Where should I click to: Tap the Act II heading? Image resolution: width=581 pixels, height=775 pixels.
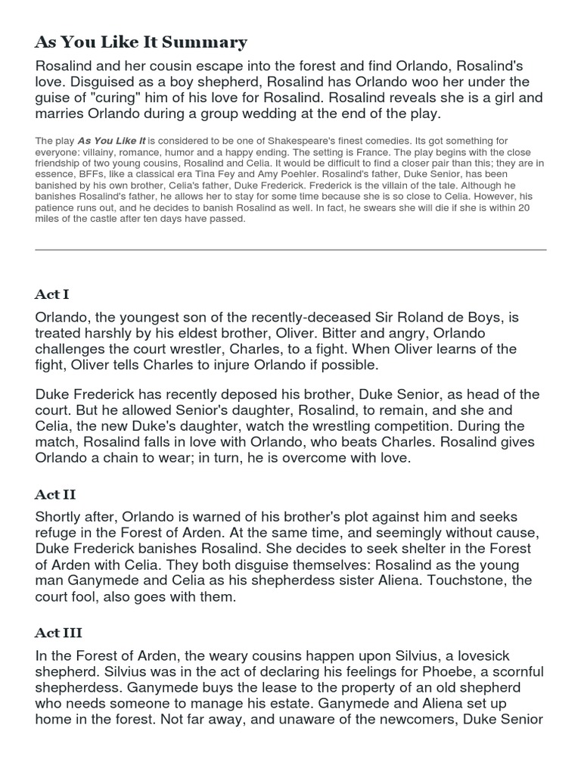click(55, 494)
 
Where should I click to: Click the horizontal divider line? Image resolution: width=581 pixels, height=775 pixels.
click(290, 250)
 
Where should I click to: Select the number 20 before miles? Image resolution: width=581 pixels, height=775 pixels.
click(535, 208)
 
